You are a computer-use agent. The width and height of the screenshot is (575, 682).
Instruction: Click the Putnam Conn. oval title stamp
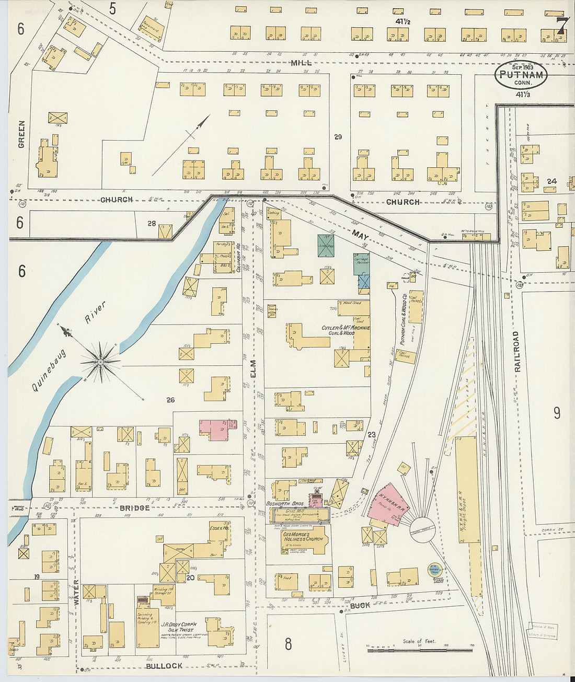click(521, 75)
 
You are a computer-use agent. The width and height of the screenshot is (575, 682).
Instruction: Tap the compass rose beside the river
click(99, 361)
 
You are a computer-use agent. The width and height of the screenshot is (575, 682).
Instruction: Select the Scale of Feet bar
click(419, 650)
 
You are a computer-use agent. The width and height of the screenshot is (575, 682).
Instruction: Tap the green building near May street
click(326, 245)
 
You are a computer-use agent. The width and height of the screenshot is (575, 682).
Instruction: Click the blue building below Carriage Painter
click(364, 282)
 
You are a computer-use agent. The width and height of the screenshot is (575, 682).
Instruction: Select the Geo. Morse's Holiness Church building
click(303, 539)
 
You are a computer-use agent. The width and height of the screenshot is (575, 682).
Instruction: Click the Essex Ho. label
click(219, 528)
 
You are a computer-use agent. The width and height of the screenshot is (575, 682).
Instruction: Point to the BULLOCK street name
click(164, 666)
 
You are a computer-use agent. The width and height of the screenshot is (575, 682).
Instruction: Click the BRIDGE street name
click(134, 508)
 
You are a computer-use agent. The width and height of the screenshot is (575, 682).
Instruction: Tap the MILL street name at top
click(302, 62)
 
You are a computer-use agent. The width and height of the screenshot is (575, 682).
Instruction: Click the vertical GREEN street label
click(21, 134)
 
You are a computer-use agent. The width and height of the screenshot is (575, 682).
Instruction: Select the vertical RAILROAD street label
click(517, 351)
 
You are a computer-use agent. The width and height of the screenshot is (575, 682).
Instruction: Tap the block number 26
click(170, 400)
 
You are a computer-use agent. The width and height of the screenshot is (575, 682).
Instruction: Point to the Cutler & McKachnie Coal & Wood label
click(345, 330)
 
